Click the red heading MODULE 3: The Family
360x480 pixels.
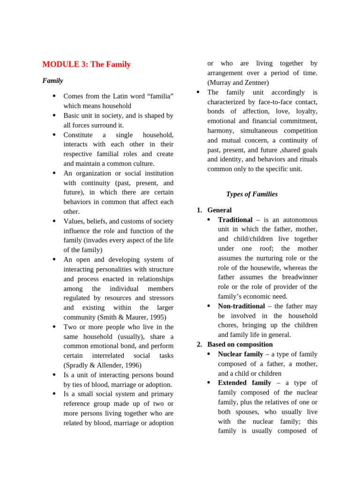pyautogui.click(x=86, y=65)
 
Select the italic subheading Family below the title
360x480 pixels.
pyautogui.click(x=52, y=81)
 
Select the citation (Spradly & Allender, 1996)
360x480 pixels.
pyautogui.click(x=102, y=365)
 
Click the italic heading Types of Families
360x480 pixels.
pyautogui.click(x=252, y=194)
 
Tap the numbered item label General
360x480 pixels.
pyautogui.click(x=219, y=210)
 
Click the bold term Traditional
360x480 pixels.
pyautogui.click(x=235, y=220)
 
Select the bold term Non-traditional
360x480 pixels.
pyautogui.click(x=241, y=306)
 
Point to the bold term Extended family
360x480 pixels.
pyautogui.click(x=244, y=383)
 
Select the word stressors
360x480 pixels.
pyautogui.click(x=161, y=298)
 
